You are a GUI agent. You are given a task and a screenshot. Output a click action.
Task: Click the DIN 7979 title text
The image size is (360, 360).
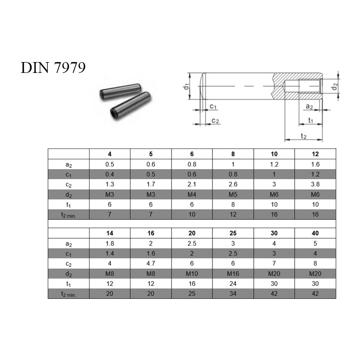53,68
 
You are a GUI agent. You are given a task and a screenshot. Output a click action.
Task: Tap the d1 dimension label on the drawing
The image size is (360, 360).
186,86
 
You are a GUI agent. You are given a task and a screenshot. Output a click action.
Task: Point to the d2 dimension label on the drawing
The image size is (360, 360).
335,86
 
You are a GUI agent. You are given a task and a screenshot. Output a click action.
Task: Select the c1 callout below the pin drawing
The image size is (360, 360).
213,106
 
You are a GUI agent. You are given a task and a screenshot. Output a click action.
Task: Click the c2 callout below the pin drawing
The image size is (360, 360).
215,121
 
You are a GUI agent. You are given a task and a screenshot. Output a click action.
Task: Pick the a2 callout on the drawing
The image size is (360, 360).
309,106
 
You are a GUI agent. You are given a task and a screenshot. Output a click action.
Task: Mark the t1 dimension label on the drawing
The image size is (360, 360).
310,120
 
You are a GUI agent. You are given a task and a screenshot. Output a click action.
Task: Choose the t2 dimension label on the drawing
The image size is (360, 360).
303,136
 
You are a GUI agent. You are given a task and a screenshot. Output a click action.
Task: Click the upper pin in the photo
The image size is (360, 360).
120,91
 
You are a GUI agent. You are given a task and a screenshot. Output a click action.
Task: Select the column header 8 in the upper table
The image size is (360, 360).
233,154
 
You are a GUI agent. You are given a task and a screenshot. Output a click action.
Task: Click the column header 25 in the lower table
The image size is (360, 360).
233,233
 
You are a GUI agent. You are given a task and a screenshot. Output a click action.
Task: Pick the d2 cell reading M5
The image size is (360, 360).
233,194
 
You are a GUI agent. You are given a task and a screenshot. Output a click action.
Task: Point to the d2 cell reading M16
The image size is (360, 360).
233,274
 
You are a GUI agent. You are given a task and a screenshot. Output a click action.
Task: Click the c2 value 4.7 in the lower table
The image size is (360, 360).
151,263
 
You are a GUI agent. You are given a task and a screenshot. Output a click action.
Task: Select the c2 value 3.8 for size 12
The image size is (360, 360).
315,184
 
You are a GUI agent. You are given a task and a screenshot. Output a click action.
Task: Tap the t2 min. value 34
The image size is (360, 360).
233,294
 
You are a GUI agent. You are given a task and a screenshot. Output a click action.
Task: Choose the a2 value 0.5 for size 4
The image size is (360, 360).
110,164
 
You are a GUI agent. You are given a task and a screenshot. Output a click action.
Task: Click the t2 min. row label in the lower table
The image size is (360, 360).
68,294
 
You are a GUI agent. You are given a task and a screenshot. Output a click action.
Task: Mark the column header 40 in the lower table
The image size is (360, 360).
315,233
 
